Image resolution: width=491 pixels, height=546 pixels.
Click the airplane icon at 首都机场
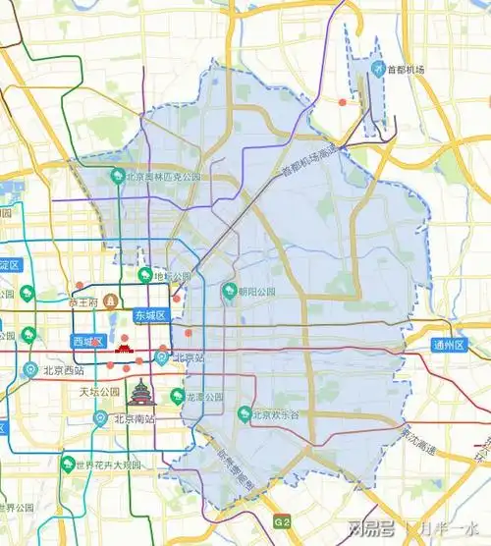[x=377, y=69]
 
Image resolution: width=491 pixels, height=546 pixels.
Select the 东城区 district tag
[x=152, y=315]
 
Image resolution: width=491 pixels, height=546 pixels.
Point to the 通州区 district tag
[x=450, y=345]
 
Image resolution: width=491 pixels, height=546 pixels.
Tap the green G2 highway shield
[x=283, y=520]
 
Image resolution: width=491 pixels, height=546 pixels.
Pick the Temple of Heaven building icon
[x=143, y=392]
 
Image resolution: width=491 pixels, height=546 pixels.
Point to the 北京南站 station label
[x=134, y=419]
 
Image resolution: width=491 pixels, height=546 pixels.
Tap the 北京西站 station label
[x=64, y=371]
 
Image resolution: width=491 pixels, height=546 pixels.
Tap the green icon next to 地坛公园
[x=145, y=275]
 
